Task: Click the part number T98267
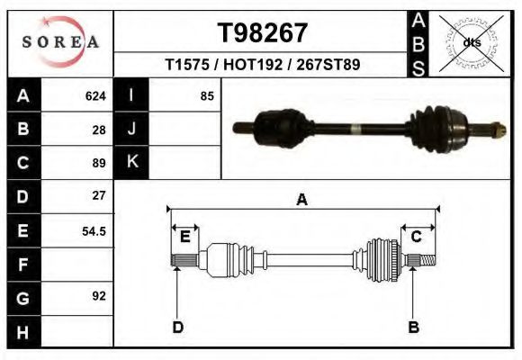263,33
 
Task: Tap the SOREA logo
60,42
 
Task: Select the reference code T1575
186,65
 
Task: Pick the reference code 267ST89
327,65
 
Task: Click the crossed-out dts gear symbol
472,41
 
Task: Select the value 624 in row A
95,95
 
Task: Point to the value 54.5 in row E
94,230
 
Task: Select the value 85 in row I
207,95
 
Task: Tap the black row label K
131,162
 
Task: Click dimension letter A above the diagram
302,200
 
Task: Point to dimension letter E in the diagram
184,236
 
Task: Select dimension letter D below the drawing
177,327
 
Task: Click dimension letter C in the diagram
417,236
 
